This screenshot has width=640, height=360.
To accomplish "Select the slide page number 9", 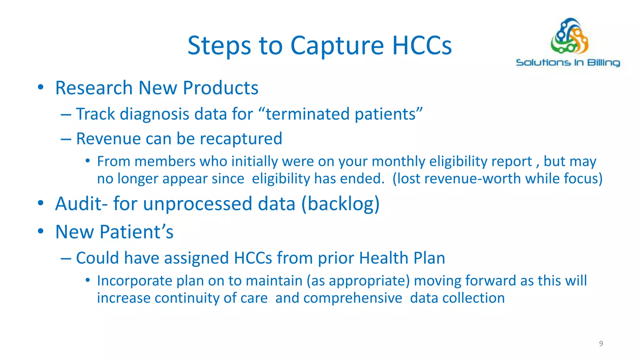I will pos(601,343).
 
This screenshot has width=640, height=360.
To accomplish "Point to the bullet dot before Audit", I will pos(40,203).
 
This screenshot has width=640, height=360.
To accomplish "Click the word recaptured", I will pos(241,138).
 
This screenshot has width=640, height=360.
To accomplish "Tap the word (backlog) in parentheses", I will pos(340,204).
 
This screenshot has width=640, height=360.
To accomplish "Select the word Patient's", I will pos(137,232).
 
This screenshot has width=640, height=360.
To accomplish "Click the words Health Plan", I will pos(402,258).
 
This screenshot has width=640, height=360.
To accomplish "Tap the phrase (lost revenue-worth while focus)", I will pos(497,179).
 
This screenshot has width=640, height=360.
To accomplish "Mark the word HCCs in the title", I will pos(422,46).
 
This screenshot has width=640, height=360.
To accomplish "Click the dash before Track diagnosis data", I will pos(66,114).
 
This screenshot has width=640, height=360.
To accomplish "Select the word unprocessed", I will pos(197,204).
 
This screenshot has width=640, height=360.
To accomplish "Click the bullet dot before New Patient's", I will pos(40,232).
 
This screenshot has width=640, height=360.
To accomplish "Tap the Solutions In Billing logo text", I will pos(568,62).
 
